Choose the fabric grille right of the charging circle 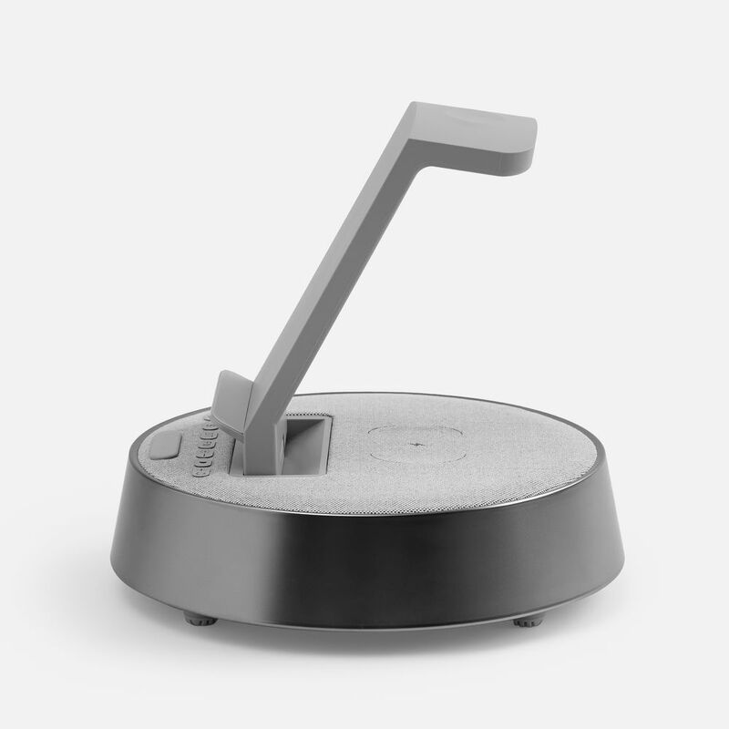(x=529, y=451)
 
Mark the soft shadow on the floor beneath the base (x=364, y=642)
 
